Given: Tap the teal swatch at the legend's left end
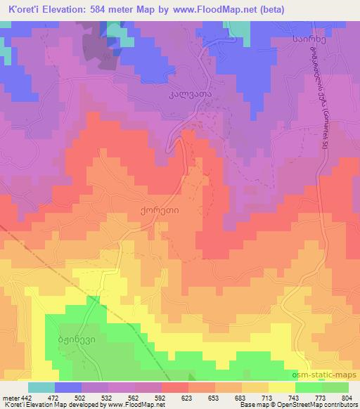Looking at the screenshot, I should point(41,387).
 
